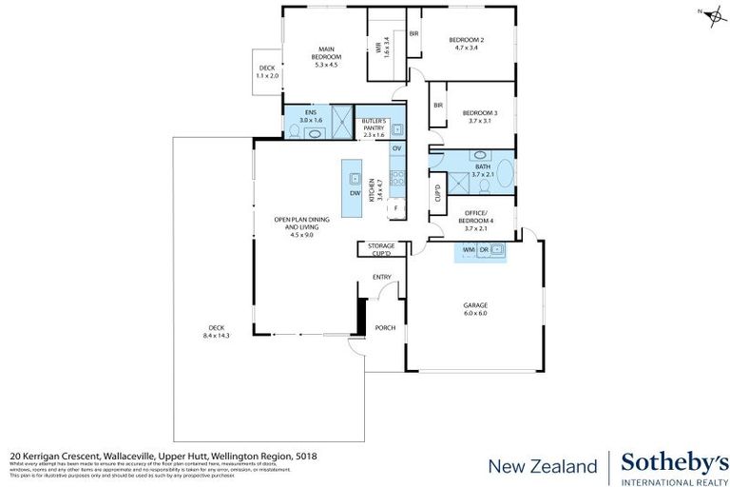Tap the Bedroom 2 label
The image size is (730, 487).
pyautogui.click(x=467, y=39)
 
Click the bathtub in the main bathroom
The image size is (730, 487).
pyautogui.click(x=505, y=174)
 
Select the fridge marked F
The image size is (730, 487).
pyautogui.click(x=395, y=207)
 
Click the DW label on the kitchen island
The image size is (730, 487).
pyautogui.click(x=354, y=193)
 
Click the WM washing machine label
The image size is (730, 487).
pyautogui.click(x=468, y=250)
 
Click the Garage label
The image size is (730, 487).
pyautogui.click(x=475, y=305)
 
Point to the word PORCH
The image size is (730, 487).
pyautogui.click(x=384, y=328)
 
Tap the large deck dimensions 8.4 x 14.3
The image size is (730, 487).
pyautogui.click(x=217, y=336)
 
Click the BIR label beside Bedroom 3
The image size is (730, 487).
pyautogui.click(x=438, y=107)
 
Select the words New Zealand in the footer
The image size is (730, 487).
pyautogui.click(x=543, y=466)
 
